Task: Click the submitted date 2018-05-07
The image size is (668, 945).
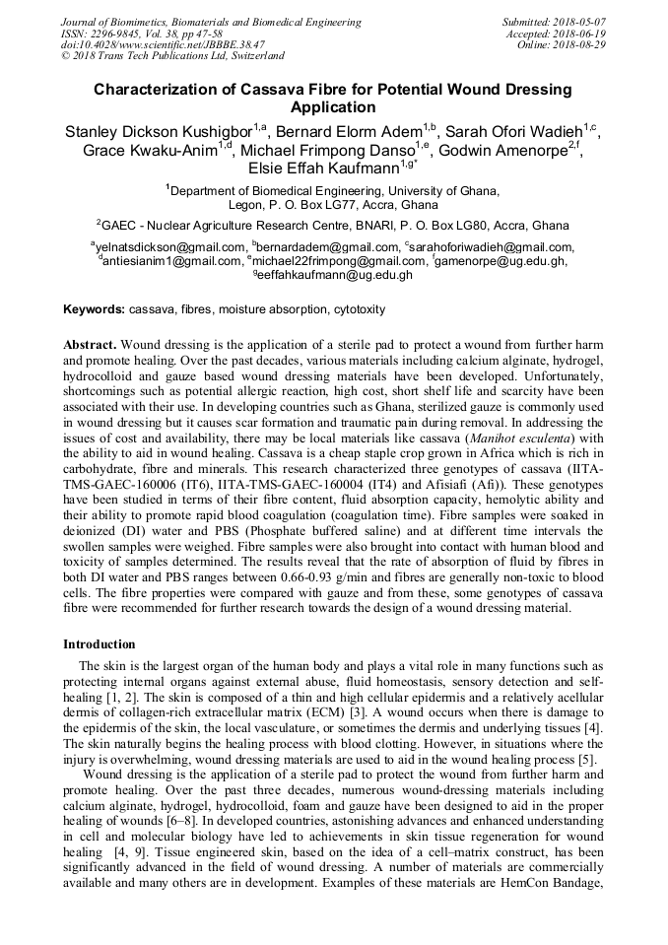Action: (x=580, y=22)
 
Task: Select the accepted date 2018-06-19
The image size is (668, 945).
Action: (x=580, y=34)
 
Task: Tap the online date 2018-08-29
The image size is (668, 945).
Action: (x=580, y=45)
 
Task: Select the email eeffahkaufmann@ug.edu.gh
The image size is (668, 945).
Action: (x=336, y=276)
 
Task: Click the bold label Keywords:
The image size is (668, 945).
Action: (x=95, y=309)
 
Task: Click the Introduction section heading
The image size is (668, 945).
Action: (x=100, y=643)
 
